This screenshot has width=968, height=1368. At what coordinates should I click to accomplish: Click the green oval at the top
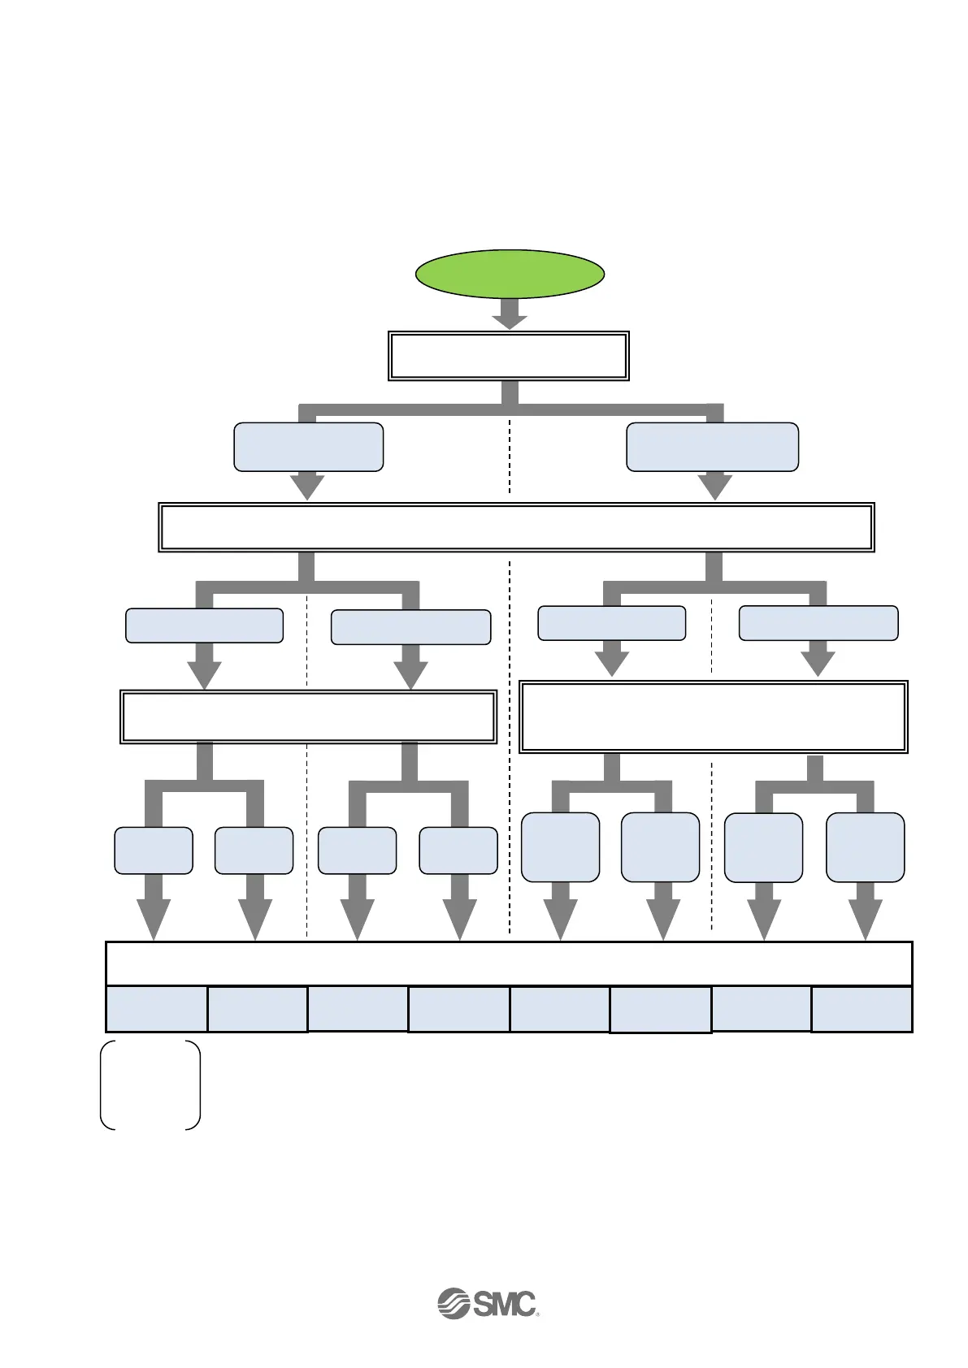510,274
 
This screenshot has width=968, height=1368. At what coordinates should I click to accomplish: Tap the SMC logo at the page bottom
488,1303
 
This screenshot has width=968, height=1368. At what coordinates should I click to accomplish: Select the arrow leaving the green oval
510,314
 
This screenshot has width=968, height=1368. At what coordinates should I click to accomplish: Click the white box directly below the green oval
509,356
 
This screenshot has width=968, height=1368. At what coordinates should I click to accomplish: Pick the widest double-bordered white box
516,527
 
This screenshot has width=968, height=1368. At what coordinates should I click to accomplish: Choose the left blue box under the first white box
308,446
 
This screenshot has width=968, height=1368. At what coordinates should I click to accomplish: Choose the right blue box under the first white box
712,446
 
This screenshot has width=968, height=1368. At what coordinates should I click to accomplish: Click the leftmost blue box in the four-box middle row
204,626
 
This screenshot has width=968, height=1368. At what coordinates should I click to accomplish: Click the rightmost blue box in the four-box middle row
818,623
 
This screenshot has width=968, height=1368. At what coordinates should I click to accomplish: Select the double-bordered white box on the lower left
308,716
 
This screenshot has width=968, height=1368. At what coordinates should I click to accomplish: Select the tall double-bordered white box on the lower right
713,717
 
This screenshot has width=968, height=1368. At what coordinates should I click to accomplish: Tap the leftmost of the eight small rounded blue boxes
154,851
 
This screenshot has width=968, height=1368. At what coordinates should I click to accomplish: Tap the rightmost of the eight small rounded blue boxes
865,847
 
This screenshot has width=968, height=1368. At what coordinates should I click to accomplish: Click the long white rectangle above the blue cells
509,963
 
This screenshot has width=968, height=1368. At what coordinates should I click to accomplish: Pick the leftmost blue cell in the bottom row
157,1009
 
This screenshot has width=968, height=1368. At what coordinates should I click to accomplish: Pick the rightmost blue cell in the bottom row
862,1009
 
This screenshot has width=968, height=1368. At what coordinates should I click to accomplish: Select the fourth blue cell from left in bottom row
458,1009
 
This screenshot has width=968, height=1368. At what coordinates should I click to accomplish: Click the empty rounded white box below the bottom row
150,1084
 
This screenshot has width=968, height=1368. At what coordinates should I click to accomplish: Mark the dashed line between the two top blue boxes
510,455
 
